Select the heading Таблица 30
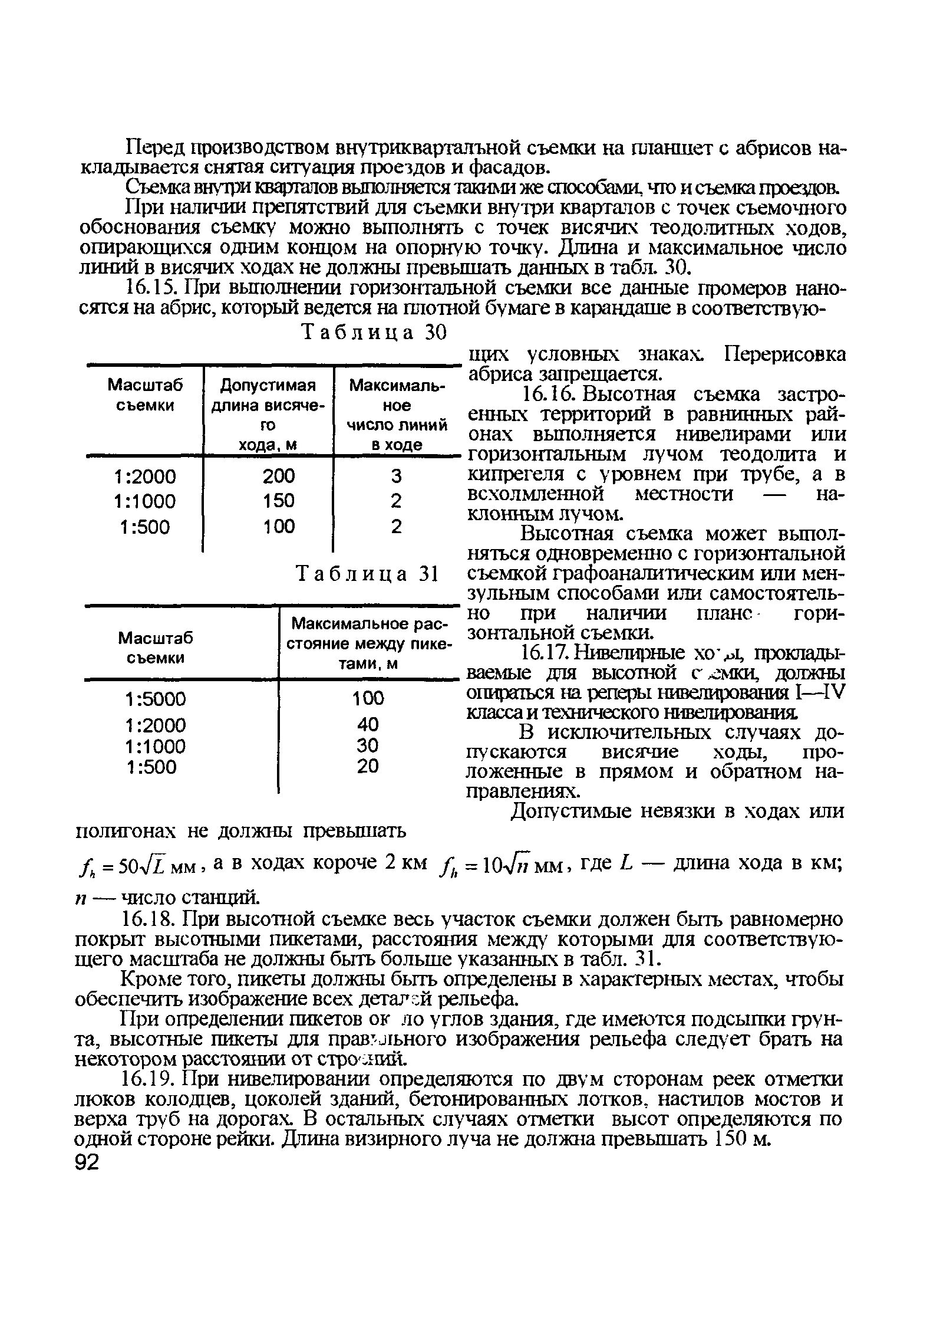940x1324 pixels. tap(374, 334)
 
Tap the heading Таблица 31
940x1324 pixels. tap(368, 574)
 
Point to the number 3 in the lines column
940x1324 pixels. tap(396, 476)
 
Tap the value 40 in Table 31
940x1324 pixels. tap(367, 724)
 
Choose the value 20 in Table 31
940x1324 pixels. tap(367, 766)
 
